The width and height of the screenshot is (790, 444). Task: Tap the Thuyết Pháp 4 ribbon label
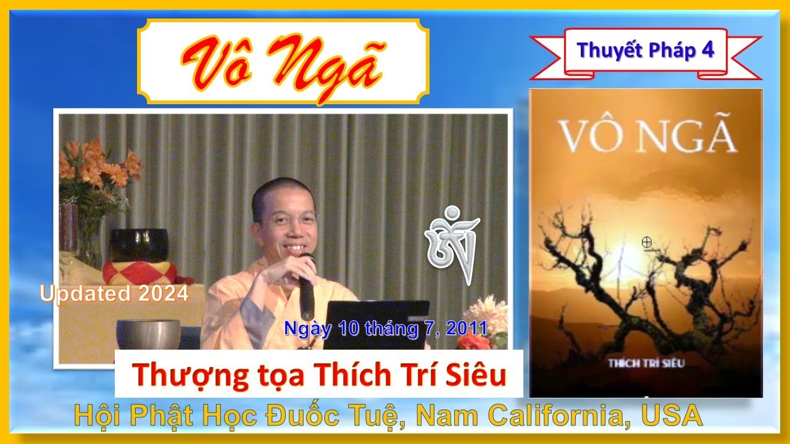pyautogui.click(x=646, y=51)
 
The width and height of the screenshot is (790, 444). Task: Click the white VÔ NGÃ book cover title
pyautogui.click(x=647, y=137)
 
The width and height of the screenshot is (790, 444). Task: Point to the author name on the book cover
pyautogui.click(x=646, y=363)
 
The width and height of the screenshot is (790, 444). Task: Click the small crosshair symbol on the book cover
pyautogui.click(x=647, y=242)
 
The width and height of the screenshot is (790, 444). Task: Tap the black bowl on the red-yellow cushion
pyautogui.click(x=138, y=244)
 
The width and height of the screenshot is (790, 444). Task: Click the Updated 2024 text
pyautogui.click(x=114, y=294)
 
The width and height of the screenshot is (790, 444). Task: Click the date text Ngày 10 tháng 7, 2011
pyautogui.click(x=386, y=328)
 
